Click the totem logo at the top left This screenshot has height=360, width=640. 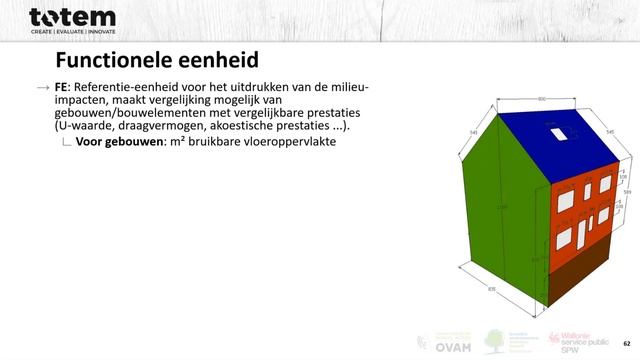72,19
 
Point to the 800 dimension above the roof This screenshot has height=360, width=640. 541,99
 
